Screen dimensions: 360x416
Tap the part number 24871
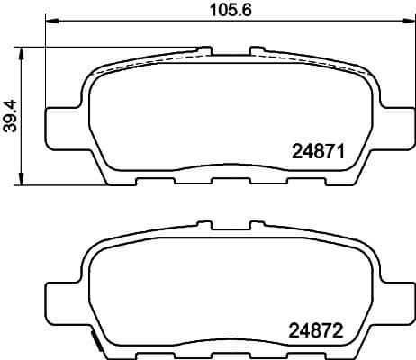(318, 152)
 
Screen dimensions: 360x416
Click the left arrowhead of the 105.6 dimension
(50, 22)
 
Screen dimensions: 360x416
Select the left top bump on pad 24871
(205, 47)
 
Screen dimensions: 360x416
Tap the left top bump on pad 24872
(205, 221)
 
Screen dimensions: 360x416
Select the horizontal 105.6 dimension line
(135, 22)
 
